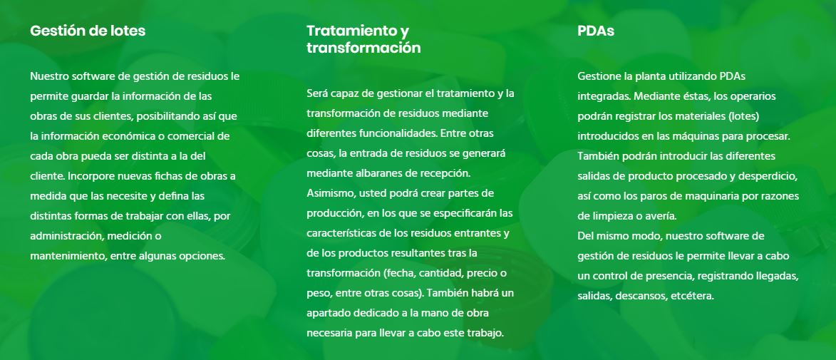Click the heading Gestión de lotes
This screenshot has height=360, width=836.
click(x=88, y=31)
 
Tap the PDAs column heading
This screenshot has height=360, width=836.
click(x=596, y=31)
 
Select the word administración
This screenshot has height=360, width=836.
click(x=64, y=236)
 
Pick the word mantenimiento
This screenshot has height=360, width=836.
click(x=68, y=256)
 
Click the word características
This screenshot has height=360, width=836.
click(x=341, y=233)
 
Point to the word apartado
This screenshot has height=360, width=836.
click(x=328, y=313)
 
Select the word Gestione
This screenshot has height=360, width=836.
click(x=599, y=76)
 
